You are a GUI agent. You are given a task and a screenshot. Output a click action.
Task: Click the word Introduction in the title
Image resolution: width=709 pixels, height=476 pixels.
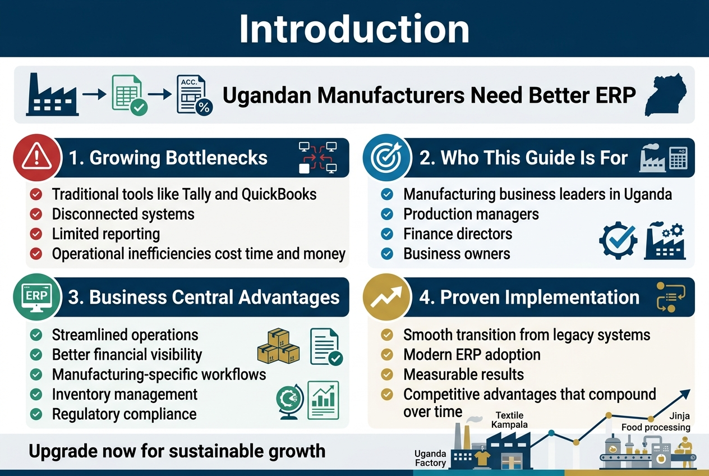click(x=354, y=29)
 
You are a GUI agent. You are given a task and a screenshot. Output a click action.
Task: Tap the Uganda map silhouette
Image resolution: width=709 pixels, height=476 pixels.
click(x=666, y=95)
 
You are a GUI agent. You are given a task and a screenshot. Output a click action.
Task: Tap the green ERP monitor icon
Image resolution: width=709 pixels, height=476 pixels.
click(x=36, y=297)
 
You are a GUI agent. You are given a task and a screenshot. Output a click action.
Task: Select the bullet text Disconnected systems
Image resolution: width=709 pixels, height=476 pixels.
click(x=123, y=214)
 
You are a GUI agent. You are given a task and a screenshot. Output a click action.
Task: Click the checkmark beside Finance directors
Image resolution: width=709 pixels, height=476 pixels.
click(x=387, y=234)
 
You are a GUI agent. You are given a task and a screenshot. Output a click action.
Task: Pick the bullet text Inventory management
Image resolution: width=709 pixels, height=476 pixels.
click(x=125, y=395)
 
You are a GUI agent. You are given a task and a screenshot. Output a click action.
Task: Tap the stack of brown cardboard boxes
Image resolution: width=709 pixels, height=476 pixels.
click(x=278, y=346)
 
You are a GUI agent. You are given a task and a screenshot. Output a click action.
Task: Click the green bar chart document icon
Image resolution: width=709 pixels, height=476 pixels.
click(x=323, y=400)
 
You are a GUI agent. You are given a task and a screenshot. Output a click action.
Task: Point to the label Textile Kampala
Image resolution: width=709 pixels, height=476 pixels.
click(x=509, y=420)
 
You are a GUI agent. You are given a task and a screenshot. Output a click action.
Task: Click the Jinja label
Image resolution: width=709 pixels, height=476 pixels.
click(x=679, y=416)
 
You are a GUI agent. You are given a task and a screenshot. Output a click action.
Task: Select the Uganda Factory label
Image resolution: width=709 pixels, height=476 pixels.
click(x=430, y=458)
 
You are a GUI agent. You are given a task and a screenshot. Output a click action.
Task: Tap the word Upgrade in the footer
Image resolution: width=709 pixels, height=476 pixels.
click(x=53, y=452)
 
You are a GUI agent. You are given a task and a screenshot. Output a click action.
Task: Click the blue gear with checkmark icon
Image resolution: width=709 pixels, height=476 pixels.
click(x=618, y=240)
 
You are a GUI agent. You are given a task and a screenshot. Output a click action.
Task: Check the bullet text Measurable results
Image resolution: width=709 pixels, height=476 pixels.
click(x=463, y=374)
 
